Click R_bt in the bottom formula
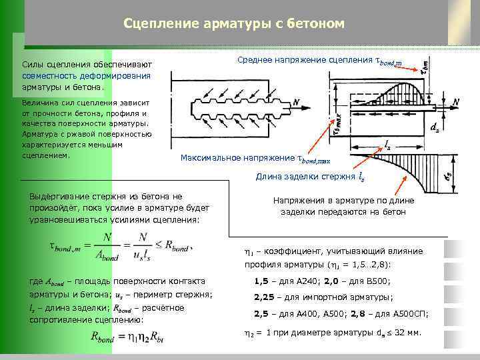pos(157,338)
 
